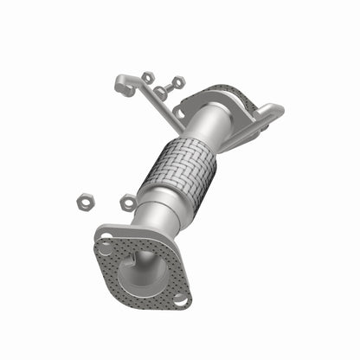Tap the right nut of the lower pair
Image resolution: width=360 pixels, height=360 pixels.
click(x=128, y=203)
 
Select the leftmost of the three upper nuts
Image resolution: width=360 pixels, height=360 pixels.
click(x=148, y=78)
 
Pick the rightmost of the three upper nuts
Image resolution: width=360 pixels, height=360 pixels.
click(x=178, y=83)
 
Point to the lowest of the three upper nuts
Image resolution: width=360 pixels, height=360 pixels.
click(x=162, y=93)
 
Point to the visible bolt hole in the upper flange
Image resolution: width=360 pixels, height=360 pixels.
click(x=178, y=112)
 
